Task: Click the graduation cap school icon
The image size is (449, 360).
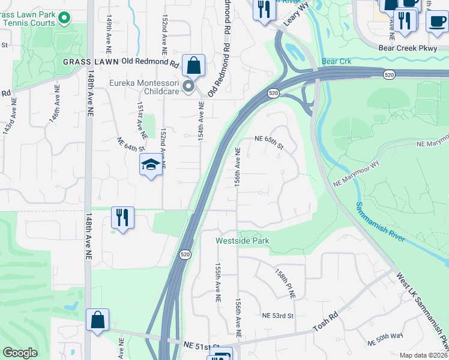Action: tap(151, 164)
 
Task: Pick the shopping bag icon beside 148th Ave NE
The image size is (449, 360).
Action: tap(97, 319)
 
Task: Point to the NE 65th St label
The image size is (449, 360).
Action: tap(268, 138)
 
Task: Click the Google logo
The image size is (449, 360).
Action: tap(20, 353)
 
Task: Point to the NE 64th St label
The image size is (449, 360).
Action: tap(131, 144)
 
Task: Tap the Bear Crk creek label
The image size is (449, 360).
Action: tap(334, 61)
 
